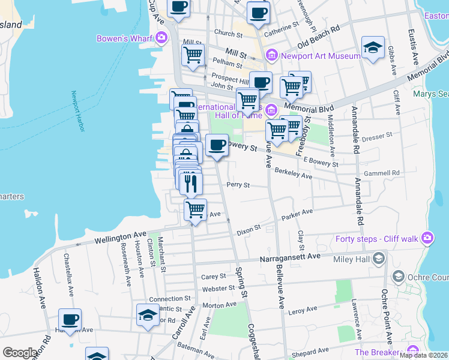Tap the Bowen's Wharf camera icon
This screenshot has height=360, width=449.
(x=161, y=38)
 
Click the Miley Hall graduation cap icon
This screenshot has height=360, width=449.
(x=378, y=259)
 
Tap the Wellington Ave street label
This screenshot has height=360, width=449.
(x=121, y=238)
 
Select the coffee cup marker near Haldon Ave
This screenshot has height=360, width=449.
(x=70, y=320)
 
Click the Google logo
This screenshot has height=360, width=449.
(x=20, y=353)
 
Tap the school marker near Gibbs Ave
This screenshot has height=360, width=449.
(x=373, y=48)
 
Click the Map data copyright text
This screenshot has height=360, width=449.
(x=423, y=355)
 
